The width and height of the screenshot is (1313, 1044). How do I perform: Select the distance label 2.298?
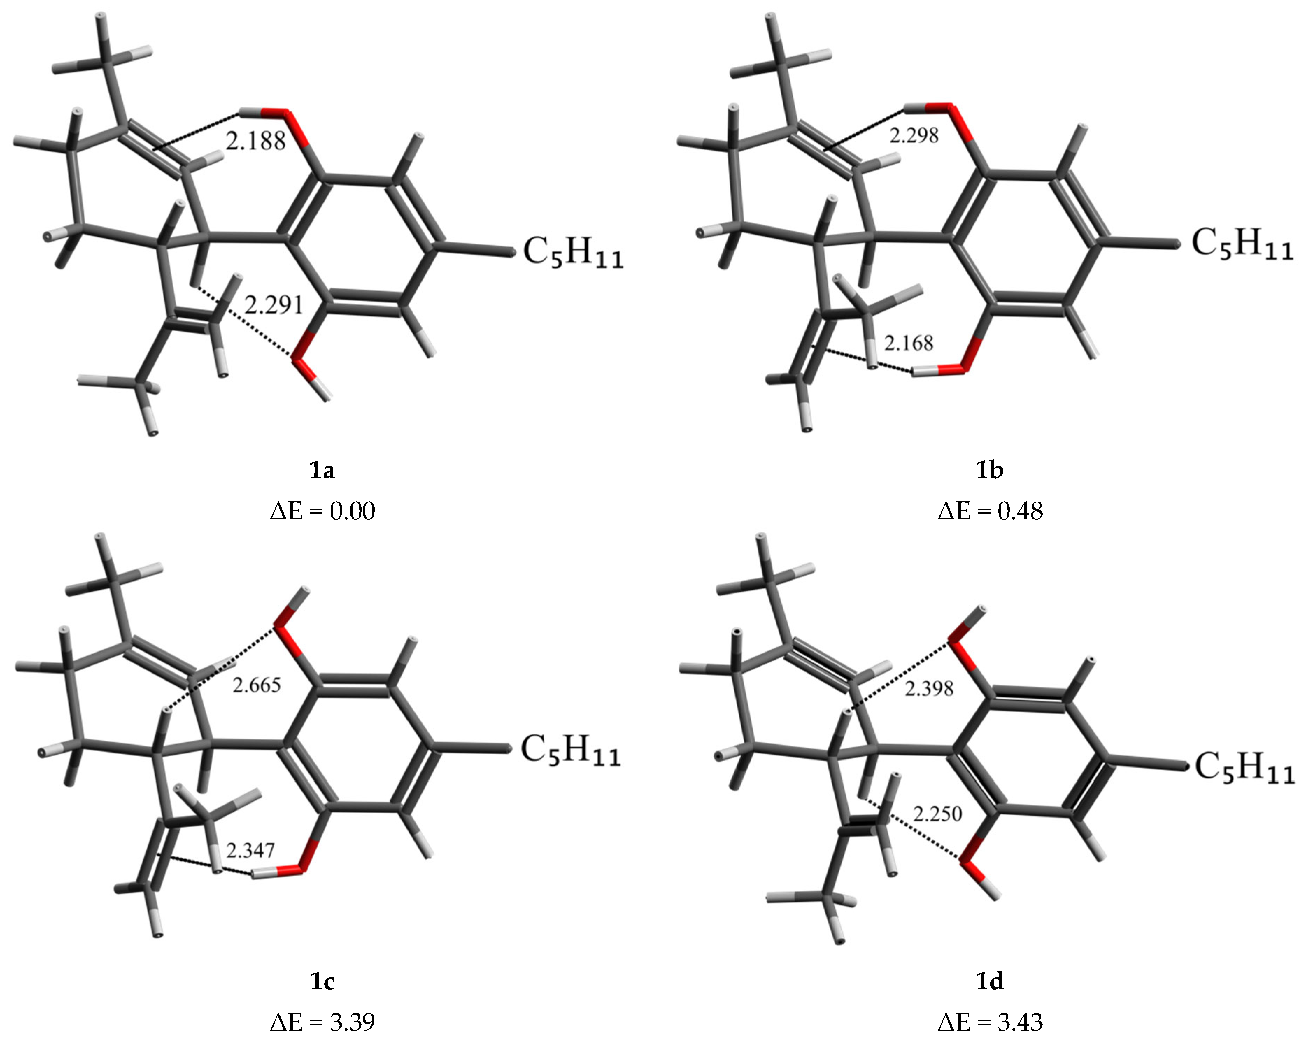pyautogui.click(x=914, y=135)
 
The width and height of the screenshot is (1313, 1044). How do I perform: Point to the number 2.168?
pyautogui.click(x=909, y=343)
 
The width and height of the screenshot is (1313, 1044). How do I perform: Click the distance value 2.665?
pyautogui.click(x=257, y=685)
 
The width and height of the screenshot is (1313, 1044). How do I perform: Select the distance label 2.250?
pyautogui.click(x=938, y=813)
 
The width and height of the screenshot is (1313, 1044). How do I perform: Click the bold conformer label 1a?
pyautogui.click(x=322, y=470)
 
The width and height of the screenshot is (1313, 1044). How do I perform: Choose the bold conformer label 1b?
pyautogui.click(x=989, y=470)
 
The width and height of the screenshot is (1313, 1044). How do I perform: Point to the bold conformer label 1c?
pyautogui.click(x=322, y=981)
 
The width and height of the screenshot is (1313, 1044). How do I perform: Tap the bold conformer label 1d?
pyautogui.click(x=989, y=981)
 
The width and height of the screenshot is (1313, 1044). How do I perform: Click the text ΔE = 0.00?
pyautogui.click(x=322, y=511)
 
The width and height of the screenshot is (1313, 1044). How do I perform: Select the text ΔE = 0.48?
pyautogui.click(x=989, y=511)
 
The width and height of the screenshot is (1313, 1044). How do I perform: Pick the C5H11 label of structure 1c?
pyautogui.click(x=570, y=751)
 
